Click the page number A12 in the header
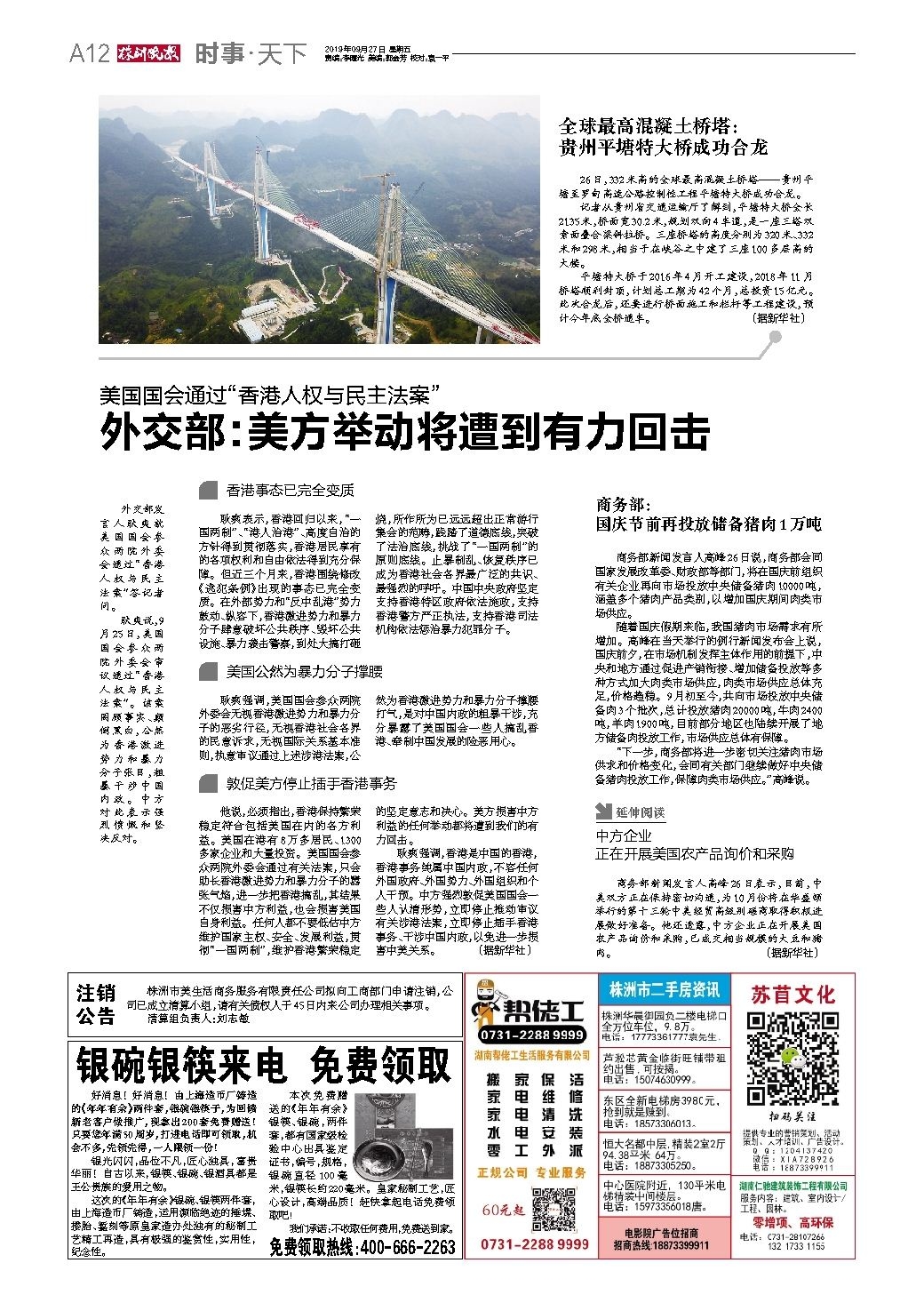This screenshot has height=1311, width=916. pyautogui.click(x=90, y=54)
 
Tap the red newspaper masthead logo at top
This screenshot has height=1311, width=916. pyautogui.click(x=147, y=54)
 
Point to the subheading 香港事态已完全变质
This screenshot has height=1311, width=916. pyautogui.click(x=290, y=490)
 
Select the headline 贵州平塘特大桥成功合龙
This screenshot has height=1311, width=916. pyautogui.click(x=662, y=147)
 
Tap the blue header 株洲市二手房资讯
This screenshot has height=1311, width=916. pyautogui.click(x=663, y=989)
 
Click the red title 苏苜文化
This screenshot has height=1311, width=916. pyautogui.click(x=793, y=993)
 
